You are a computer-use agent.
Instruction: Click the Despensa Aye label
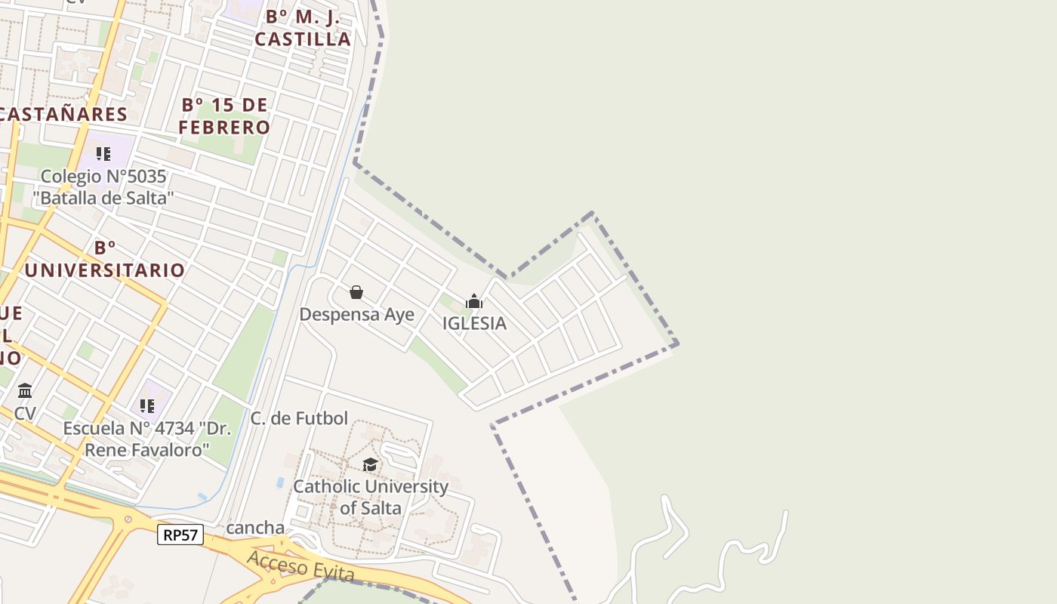click(x=356, y=314)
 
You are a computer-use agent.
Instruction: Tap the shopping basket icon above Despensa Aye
click(x=356, y=292)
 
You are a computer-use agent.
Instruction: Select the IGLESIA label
click(x=474, y=323)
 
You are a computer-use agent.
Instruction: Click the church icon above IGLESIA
click(x=474, y=302)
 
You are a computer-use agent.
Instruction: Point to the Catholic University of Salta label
click(x=370, y=497)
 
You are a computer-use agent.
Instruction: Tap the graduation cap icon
click(x=370, y=464)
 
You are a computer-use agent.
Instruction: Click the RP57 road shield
click(x=180, y=535)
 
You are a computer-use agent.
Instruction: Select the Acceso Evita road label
click(x=300, y=565)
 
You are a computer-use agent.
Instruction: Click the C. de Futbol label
click(x=299, y=418)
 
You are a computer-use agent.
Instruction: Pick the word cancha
click(x=255, y=528)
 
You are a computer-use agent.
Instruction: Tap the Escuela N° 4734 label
click(x=146, y=439)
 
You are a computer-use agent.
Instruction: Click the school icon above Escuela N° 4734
click(x=147, y=406)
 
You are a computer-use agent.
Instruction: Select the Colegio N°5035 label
click(x=103, y=187)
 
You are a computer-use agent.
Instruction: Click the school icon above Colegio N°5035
click(x=103, y=155)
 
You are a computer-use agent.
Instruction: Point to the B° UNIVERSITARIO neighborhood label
click(x=105, y=259)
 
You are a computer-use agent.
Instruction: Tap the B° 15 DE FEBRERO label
click(x=224, y=116)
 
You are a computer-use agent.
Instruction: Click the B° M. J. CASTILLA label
click(x=303, y=28)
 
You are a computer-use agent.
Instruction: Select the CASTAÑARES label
click(x=63, y=114)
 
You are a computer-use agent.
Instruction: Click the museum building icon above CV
click(x=25, y=390)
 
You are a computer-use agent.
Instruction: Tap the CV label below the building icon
click(x=25, y=414)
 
